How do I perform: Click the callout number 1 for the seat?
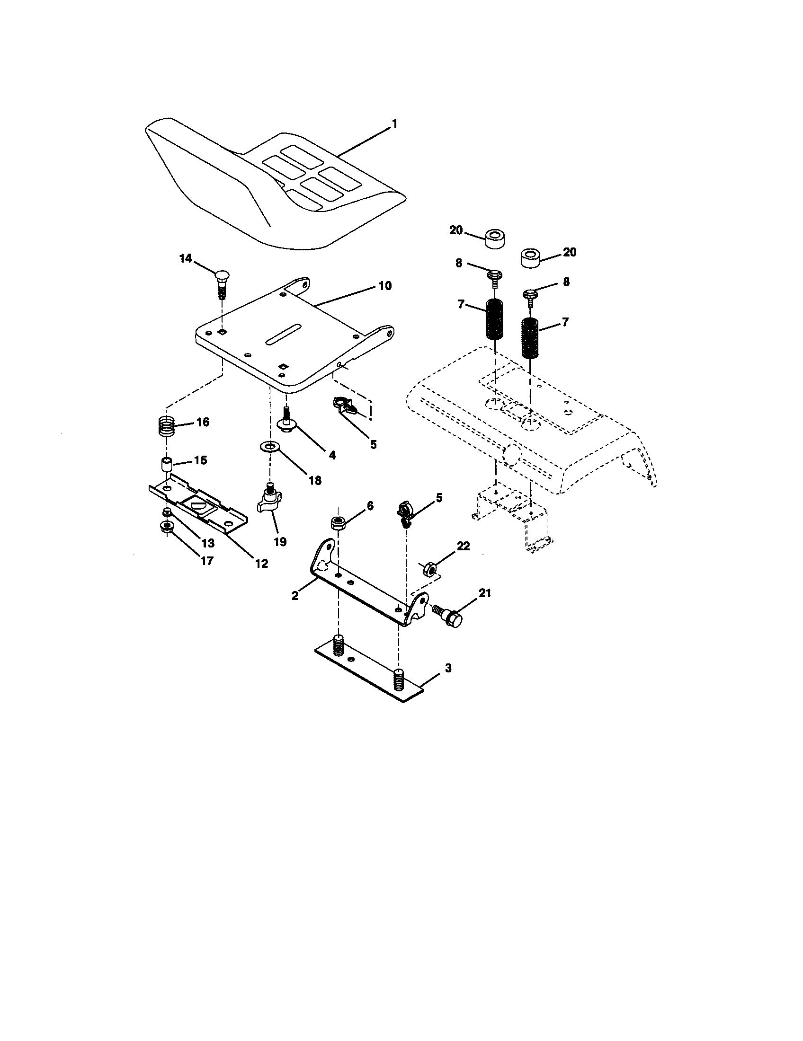pos(394,124)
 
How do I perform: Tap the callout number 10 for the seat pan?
pos(385,286)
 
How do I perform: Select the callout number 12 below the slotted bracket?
pos(261,563)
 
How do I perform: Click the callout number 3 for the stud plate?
pos(447,668)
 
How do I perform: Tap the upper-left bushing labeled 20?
pos(495,238)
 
